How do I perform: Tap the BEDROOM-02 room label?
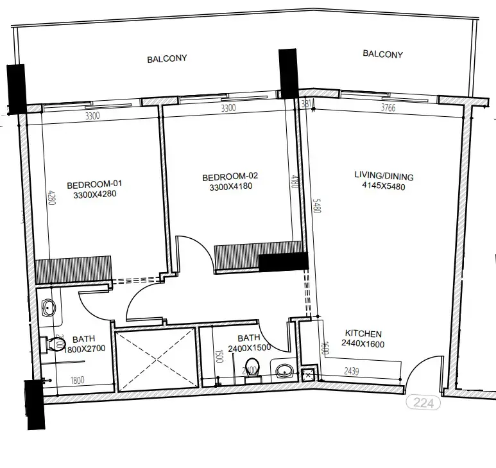(x=229, y=177)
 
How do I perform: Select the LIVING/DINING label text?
(x=384, y=177)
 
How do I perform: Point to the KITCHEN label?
(x=363, y=334)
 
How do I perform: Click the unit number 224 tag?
(x=424, y=404)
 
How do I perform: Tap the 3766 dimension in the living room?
(x=388, y=108)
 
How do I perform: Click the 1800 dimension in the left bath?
(x=76, y=380)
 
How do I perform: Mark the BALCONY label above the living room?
(x=382, y=54)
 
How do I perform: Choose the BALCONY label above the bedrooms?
(x=167, y=58)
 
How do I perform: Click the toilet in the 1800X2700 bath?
(x=49, y=344)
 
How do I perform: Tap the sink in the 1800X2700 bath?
(x=48, y=309)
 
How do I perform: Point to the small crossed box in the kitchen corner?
(x=307, y=375)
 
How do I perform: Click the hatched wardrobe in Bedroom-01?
(x=74, y=270)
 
